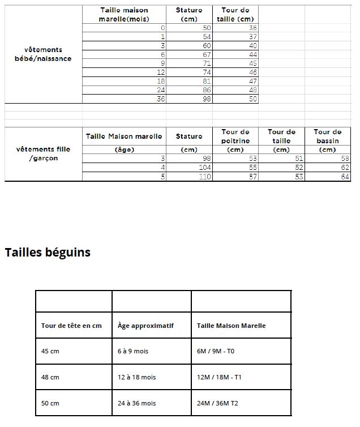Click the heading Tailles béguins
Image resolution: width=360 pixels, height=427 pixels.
pyautogui.click(x=48, y=253)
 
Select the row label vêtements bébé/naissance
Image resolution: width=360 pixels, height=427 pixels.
pyautogui.click(x=43, y=54)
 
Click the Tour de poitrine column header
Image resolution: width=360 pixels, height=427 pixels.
pyautogui.click(x=235, y=136)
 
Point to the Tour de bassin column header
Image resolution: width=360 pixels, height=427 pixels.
pyautogui.click(x=327, y=136)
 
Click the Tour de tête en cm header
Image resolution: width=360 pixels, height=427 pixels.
pyautogui.click(x=71, y=326)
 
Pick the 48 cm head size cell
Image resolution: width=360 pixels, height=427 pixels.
pyautogui.click(x=50, y=377)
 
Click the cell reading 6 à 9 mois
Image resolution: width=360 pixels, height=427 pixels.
pyautogui.click(x=132, y=351)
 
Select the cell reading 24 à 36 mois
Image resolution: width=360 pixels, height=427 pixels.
pyautogui.click(x=136, y=403)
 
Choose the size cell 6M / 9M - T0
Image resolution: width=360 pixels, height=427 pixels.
pyautogui.click(x=216, y=351)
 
